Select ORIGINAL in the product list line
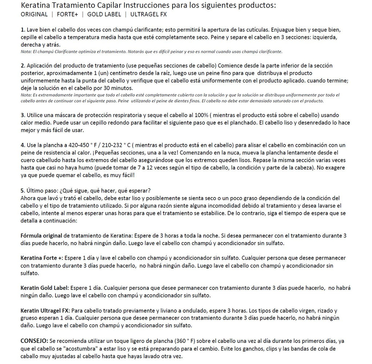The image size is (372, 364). [34, 15]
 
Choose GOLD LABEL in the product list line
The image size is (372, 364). [104, 15]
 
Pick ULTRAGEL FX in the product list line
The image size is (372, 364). [149, 15]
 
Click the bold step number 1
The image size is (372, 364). [23, 29]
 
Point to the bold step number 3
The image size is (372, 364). [23, 115]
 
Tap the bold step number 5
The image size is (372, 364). [23, 190]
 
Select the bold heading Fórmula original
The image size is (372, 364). [41, 236]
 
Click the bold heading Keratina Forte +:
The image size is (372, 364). [42, 258]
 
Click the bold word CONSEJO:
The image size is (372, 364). [34, 341]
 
